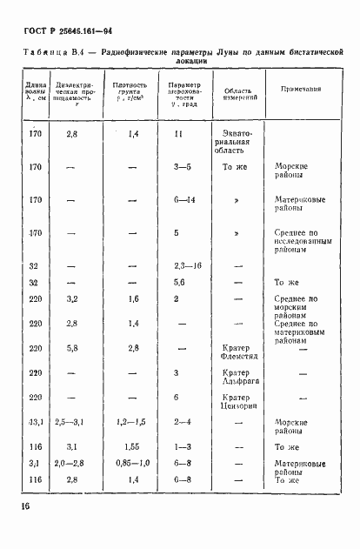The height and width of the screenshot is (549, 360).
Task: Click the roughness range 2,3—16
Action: [187, 264]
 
